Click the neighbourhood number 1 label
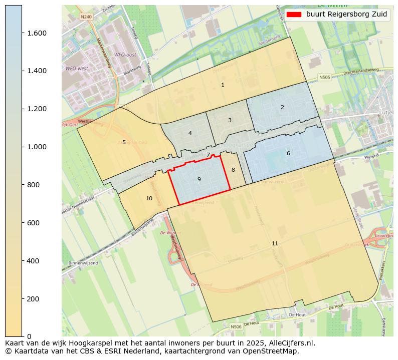click(x=223, y=85)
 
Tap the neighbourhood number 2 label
click(x=282, y=107)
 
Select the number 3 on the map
click(x=230, y=120)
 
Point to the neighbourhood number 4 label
click(x=190, y=133)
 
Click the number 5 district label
click(x=124, y=142)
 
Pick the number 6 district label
click(x=288, y=153)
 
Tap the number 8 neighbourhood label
click(x=233, y=170)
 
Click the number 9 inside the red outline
click(x=199, y=179)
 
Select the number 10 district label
click(x=149, y=198)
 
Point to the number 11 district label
click(x=275, y=243)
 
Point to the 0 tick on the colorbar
click(x=29, y=336)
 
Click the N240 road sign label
click(x=86, y=17)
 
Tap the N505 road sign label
click(x=325, y=78)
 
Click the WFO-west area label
click(x=76, y=68)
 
